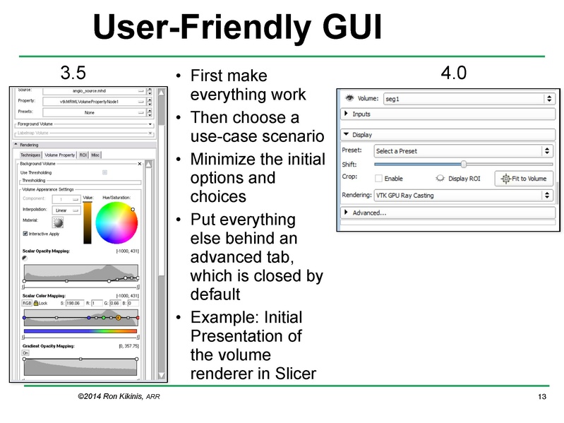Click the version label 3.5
(x=73, y=73)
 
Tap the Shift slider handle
(x=463, y=165)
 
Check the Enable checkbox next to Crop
(x=379, y=179)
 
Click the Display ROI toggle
(x=458, y=179)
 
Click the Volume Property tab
(x=59, y=155)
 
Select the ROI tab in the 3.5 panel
(x=83, y=155)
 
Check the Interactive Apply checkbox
(x=26, y=234)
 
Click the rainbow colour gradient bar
(x=80, y=330)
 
